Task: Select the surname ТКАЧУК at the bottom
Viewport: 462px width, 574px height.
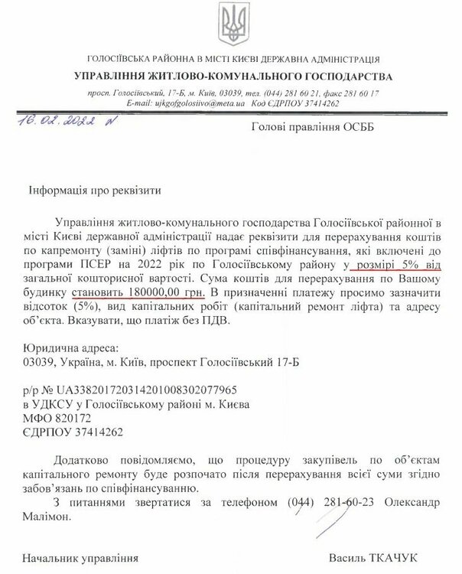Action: click(412, 556)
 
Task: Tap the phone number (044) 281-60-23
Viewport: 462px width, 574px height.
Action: click(318, 502)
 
